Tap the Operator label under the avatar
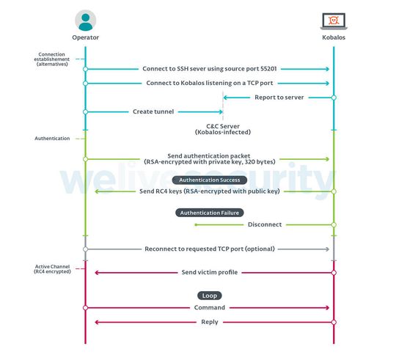click(85, 37)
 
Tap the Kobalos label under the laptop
click(334, 37)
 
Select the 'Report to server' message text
click(279, 97)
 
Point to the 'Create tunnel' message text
click(153, 111)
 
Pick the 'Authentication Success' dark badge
click(210, 180)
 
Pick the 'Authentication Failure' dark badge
click(210, 213)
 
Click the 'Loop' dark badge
click(209, 295)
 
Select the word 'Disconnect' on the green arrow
click(265, 224)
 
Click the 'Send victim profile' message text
click(210, 272)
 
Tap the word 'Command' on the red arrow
click(210, 308)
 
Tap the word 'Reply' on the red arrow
click(210, 322)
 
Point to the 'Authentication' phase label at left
click(53, 138)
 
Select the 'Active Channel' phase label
click(53, 268)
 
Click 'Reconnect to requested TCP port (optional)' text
click(210, 249)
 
